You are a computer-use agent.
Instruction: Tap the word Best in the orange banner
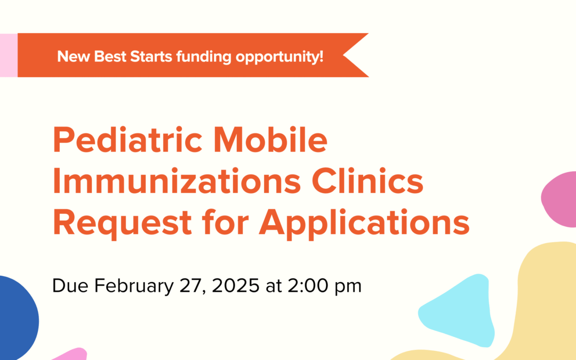tap(110, 56)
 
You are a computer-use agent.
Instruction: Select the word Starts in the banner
tap(150, 56)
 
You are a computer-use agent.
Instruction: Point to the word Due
tap(71, 286)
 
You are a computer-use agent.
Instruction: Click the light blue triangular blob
tap(459, 309)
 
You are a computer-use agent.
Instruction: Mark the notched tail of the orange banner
tap(355, 55)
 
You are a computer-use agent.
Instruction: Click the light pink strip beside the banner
tap(9, 55)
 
